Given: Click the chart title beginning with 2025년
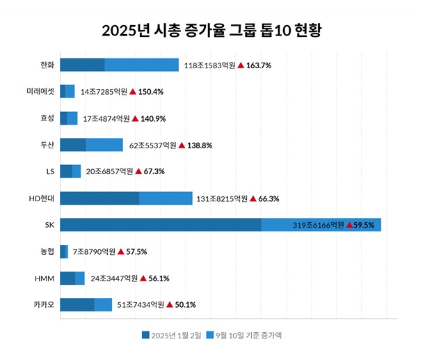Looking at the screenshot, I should (x=216, y=31).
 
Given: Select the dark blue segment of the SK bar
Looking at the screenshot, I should (x=161, y=225).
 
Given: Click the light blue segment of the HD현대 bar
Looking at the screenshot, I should (x=166, y=198).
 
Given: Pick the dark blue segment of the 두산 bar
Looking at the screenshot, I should (x=73, y=145).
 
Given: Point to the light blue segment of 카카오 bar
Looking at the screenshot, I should (x=103, y=304).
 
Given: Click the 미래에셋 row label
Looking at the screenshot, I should (x=40, y=91).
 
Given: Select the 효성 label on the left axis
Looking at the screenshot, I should (x=47, y=118).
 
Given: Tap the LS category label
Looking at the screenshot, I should (x=49, y=171).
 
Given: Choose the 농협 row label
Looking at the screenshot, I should (x=47, y=251).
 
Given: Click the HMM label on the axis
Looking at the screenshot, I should (x=44, y=278).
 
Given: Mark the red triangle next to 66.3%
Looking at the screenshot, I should (x=253, y=198).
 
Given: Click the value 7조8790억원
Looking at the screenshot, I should (x=93, y=252).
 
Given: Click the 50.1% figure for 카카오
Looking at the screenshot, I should (x=185, y=305).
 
